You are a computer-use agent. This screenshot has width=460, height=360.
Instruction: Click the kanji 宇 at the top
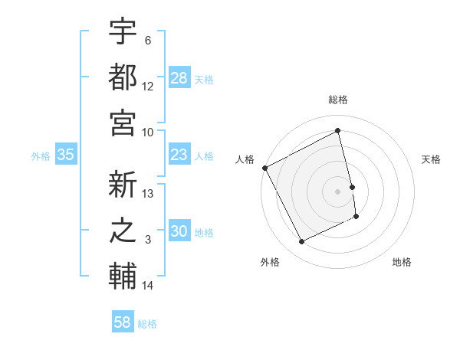click(x=123, y=31)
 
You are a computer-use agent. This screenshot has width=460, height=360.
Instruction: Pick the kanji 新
click(x=123, y=185)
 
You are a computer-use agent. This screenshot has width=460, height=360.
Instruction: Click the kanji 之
click(x=123, y=231)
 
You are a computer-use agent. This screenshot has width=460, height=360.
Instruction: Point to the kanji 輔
click(x=123, y=276)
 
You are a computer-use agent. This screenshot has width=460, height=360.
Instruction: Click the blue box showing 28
click(x=179, y=77)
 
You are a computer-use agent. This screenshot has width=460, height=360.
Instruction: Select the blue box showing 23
click(x=179, y=155)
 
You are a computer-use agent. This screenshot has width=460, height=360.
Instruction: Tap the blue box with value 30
click(x=179, y=231)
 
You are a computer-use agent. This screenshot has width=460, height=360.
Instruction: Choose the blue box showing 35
click(x=66, y=155)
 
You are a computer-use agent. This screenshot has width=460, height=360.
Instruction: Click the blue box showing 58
click(x=123, y=322)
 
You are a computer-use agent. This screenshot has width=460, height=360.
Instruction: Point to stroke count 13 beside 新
click(x=149, y=194)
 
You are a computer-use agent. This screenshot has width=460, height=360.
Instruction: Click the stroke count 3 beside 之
click(x=149, y=240)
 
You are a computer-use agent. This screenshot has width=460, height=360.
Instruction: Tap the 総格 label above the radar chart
click(x=338, y=100)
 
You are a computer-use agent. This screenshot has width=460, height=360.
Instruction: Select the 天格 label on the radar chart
click(x=432, y=159)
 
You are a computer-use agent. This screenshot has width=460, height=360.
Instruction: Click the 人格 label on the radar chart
click(x=245, y=159)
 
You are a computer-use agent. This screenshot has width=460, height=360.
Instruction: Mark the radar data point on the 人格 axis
click(x=265, y=168)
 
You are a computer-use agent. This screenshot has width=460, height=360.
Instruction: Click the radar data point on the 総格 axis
click(x=338, y=132)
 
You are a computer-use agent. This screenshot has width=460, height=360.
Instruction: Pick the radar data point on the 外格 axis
click(x=301, y=242)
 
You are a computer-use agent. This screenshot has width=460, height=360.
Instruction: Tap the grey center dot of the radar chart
click(x=338, y=191)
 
